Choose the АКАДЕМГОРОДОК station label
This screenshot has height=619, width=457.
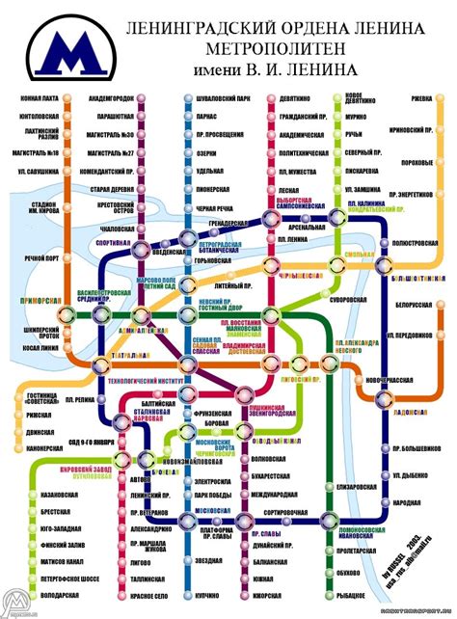109,98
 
